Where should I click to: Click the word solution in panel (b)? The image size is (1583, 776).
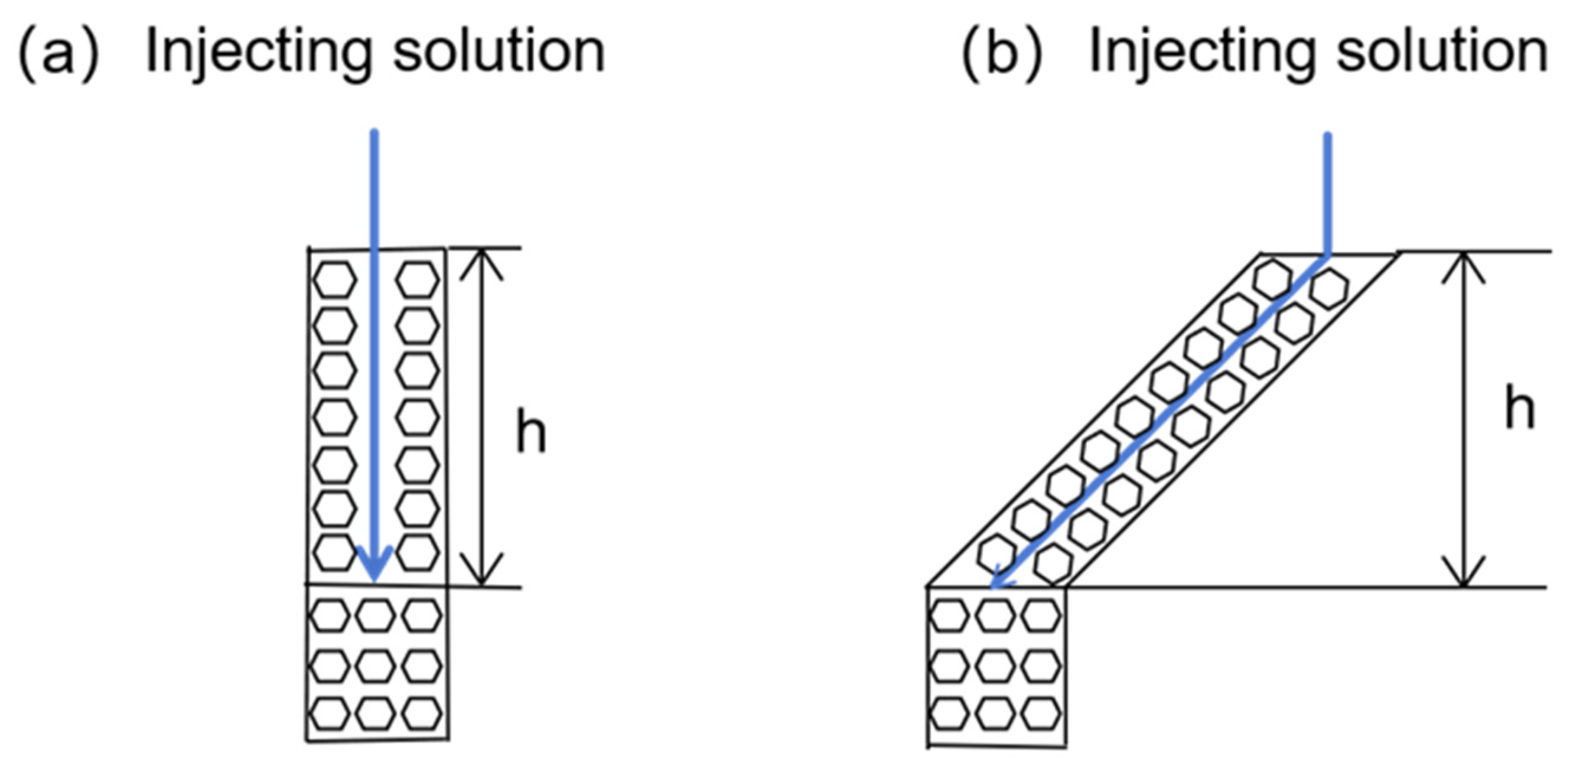[1442, 51]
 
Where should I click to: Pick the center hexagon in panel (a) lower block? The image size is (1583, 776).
[376, 665]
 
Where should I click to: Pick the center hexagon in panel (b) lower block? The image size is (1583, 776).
[995, 666]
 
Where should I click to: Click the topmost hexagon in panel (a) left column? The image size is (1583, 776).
[334, 279]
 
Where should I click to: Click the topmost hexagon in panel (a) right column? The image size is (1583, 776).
[417, 279]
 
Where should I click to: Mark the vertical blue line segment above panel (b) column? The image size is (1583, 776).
[1328, 194]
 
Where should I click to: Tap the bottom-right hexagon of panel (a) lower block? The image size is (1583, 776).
[422, 714]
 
